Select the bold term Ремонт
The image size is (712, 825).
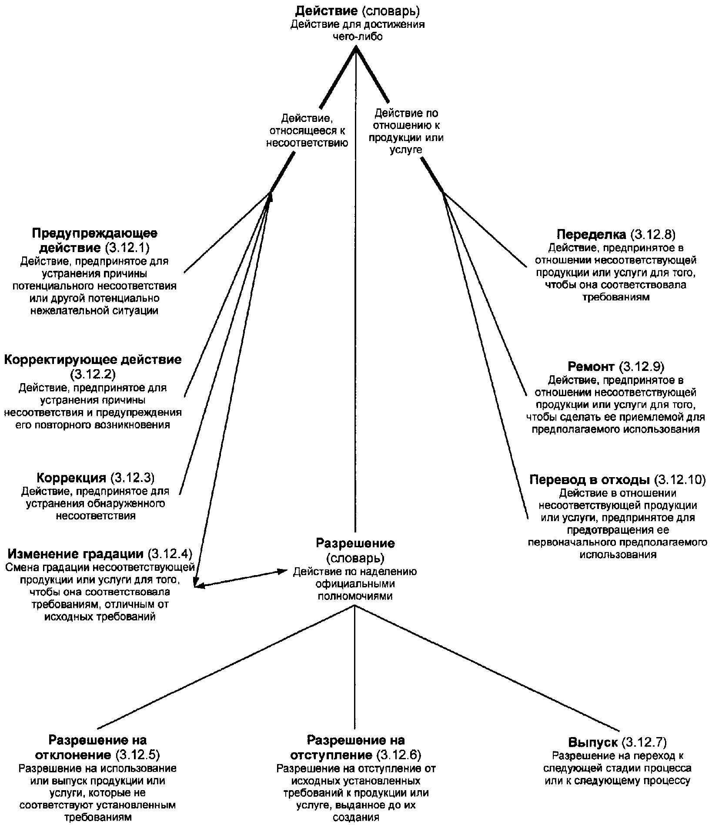591,366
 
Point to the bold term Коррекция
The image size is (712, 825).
72,478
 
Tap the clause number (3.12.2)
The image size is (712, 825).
93,374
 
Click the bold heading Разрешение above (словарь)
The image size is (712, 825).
355,543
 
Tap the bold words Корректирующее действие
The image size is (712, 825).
93,360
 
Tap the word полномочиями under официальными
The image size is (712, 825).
355,596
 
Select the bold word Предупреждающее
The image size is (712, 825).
94,233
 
